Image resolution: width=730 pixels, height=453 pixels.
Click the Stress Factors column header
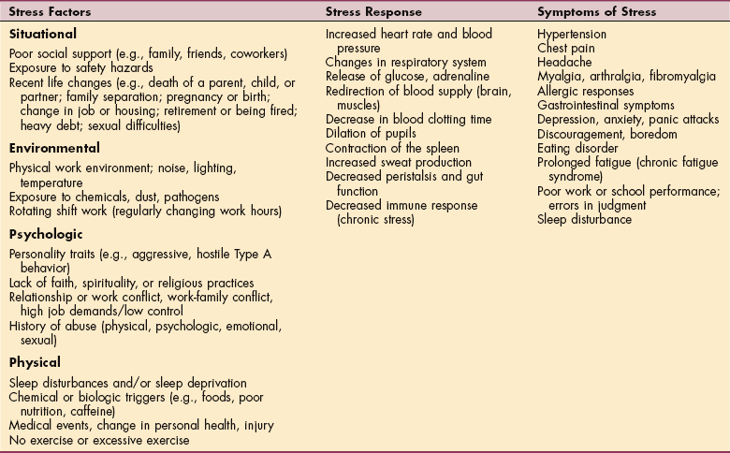tap(46, 12)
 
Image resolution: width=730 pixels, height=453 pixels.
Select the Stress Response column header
tap(372, 12)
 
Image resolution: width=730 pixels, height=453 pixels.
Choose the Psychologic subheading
tap(45, 238)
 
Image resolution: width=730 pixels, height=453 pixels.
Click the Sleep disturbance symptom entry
tap(584, 220)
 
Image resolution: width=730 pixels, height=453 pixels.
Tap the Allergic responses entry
tap(585, 92)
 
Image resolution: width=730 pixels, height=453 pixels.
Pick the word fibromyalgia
tap(667, 78)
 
